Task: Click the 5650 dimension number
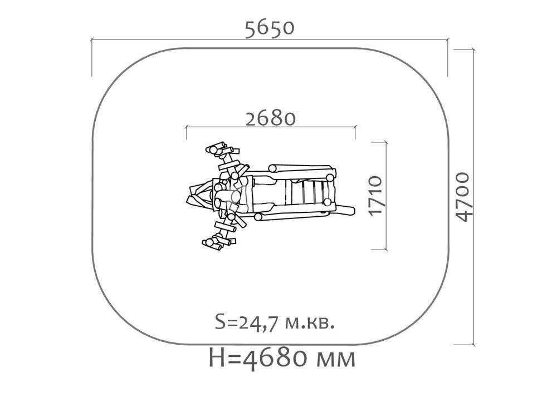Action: [270, 28]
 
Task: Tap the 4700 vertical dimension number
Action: [463, 197]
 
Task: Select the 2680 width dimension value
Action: [271, 119]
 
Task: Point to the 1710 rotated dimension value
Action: [375, 195]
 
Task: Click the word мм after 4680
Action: [335, 359]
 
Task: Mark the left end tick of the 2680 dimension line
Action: [186, 132]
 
